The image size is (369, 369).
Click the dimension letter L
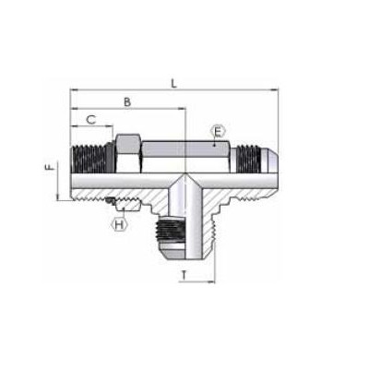tap(174, 83)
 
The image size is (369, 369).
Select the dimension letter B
tap(127, 101)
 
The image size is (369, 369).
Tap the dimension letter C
tap(91, 120)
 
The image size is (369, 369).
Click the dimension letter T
tap(184, 275)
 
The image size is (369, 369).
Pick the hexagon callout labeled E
tap(218, 132)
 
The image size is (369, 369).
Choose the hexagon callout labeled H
tap(119, 224)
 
